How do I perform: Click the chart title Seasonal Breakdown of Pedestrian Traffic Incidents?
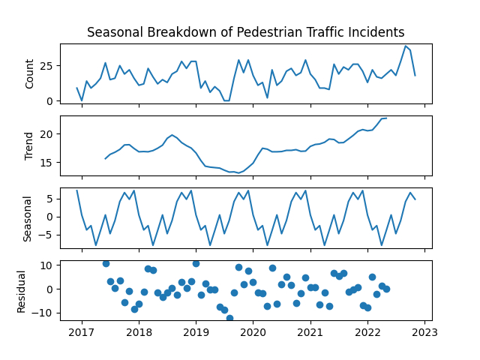(245, 32)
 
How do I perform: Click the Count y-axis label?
(31, 73)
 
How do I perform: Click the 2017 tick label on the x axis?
(81, 331)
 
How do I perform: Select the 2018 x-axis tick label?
(139, 331)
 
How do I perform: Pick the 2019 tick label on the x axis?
(196, 331)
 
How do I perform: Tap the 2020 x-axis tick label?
(253, 331)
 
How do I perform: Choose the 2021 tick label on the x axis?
(310, 331)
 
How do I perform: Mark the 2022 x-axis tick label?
(367, 331)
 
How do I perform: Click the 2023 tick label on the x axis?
(424, 331)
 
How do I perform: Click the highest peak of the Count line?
(406, 46)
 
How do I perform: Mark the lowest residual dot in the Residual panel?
(229, 318)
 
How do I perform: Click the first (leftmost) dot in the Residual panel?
(106, 263)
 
